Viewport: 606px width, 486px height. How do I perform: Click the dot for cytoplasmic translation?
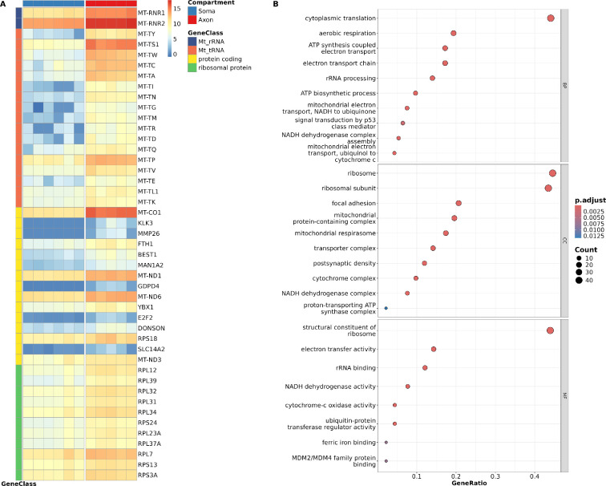(x=551, y=18)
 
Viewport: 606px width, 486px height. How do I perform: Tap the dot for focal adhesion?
(x=459, y=204)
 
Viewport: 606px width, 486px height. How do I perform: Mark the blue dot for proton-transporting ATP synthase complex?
(x=386, y=286)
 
